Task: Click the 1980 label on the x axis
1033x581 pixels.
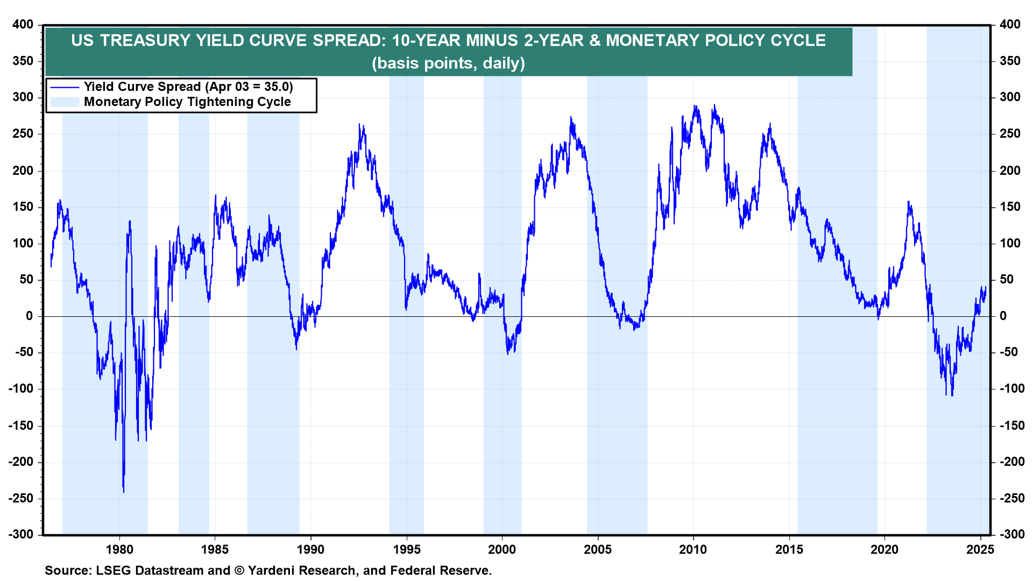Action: pyautogui.click(x=119, y=550)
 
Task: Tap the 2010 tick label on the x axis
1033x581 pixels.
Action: pyautogui.click(x=693, y=550)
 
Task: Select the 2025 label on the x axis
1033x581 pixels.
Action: pyautogui.click(x=980, y=550)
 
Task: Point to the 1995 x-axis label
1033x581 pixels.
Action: pyautogui.click(x=407, y=550)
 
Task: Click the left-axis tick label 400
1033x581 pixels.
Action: pyautogui.click(x=23, y=25)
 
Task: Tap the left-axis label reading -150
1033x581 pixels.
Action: pyautogui.click(x=21, y=426)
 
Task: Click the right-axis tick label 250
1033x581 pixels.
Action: pyautogui.click(x=1010, y=134)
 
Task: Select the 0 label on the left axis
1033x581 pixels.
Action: pyautogui.click(x=30, y=316)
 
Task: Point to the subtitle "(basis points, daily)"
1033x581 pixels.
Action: pyautogui.click(x=448, y=63)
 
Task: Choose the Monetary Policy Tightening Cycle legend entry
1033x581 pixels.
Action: pyautogui.click(x=187, y=102)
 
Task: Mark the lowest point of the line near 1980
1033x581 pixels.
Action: pyautogui.click(x=124, y=492)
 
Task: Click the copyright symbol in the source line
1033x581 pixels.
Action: pyautogui.click(x=239, y=571)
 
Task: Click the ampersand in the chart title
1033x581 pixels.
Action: pyautogui.click(x=595, y=41)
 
